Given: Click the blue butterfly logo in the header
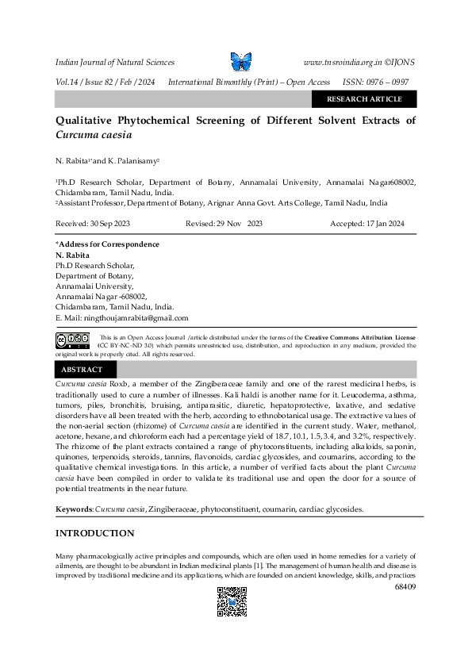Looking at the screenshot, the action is pyautogui.click(x=240, y=61).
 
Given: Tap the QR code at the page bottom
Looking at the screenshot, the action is pyautogui.click(x=232, y=601).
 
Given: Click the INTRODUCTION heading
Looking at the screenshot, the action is pyautogui.click(x=95, y=533).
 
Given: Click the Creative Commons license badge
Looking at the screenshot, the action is pyautogui.click(x=72, y=340).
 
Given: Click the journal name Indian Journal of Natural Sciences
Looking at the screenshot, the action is pyautogui.click(x=115, y=62).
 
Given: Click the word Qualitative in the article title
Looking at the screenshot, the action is pyautogui.click(x=88, y=121).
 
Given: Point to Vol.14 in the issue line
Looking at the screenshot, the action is pyautogui.click(x=67, y=83).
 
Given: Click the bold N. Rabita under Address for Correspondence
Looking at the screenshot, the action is pyautogui.click(x=71, y=255).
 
